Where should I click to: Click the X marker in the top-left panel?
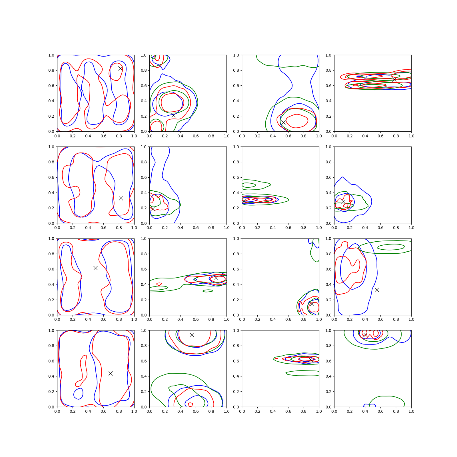[x=121, y=68]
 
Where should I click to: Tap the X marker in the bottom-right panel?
[x=365, y=335]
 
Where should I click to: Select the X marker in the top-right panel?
[x=394, y=79]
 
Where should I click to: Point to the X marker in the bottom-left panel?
[x=111, y=373]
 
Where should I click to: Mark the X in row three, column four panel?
[x=377, y=290]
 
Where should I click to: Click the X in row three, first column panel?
[x=95, y=268]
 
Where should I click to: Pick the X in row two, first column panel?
[x=121, y=198]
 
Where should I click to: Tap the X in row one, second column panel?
[x=173, y=115]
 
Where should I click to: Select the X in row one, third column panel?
[x=283, y=122]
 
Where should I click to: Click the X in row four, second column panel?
[x=192, y=335]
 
